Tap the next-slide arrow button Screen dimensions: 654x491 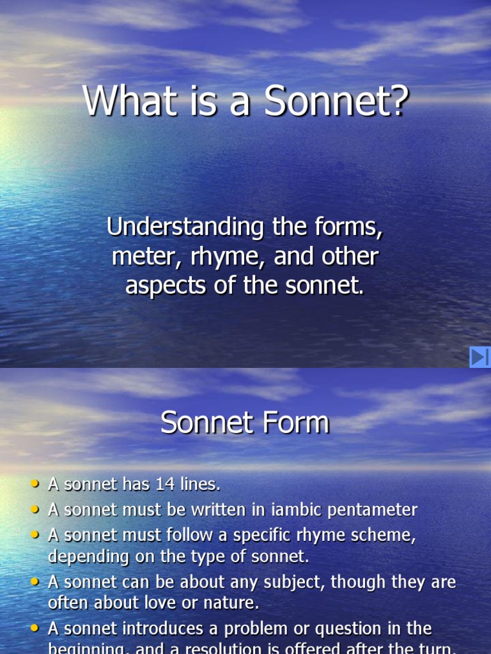pos(479,357)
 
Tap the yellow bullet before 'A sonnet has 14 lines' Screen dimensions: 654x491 pos(35,484)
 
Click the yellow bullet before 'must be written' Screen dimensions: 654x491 pos(35,510)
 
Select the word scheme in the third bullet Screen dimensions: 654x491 pos(383,536)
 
